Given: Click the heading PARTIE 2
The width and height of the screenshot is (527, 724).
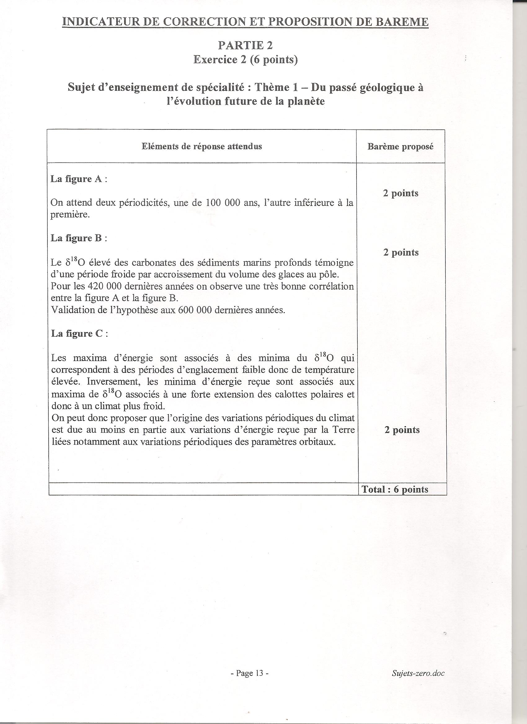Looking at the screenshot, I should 245,46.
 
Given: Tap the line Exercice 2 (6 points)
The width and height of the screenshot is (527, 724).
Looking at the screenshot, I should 245,60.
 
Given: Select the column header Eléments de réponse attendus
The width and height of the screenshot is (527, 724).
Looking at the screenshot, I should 202,146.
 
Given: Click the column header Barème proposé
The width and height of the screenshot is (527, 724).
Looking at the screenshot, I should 401,146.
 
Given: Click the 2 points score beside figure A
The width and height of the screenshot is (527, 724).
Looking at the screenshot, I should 401,193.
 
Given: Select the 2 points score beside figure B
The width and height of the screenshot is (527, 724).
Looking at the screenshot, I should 401,252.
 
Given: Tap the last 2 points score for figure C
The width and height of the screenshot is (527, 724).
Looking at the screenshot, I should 402,430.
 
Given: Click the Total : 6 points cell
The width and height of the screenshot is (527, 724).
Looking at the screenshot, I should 395,489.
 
